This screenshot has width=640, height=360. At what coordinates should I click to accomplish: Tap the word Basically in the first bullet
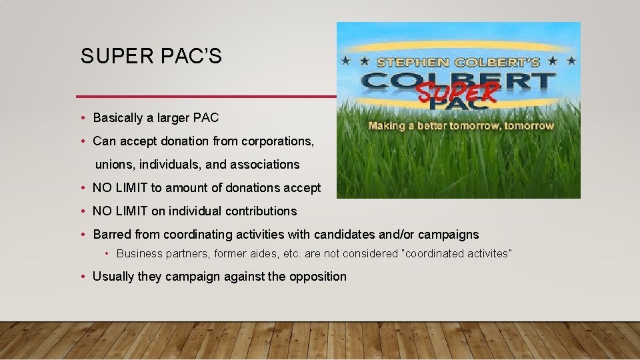click(118, 118)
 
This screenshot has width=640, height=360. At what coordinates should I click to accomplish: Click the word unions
click(115, 164)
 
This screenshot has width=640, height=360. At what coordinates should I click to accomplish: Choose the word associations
click(265, 164)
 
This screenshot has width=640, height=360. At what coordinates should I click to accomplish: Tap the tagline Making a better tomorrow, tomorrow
click(461, 125)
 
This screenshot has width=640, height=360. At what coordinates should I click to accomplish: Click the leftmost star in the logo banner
click(345, 61)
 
